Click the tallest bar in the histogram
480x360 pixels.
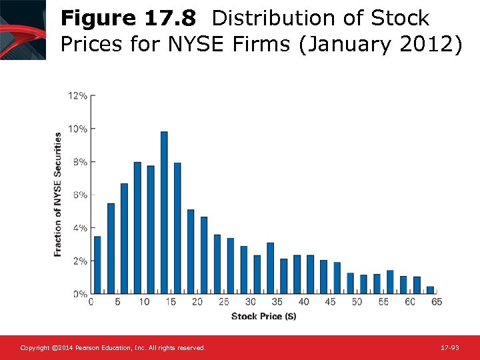164,212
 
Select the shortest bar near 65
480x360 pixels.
430,290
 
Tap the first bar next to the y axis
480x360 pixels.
97,265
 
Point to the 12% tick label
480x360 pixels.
77,95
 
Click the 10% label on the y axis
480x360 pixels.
77,129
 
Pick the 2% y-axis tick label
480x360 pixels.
79,261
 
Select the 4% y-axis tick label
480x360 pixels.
79,228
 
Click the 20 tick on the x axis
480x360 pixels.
197,302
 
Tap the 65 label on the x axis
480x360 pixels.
437,302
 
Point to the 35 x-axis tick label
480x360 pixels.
277,302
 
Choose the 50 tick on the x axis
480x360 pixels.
357,302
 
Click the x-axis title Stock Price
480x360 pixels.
264,316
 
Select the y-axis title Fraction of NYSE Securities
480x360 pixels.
58,194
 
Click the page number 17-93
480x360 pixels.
451,348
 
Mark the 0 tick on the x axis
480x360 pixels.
91,302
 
